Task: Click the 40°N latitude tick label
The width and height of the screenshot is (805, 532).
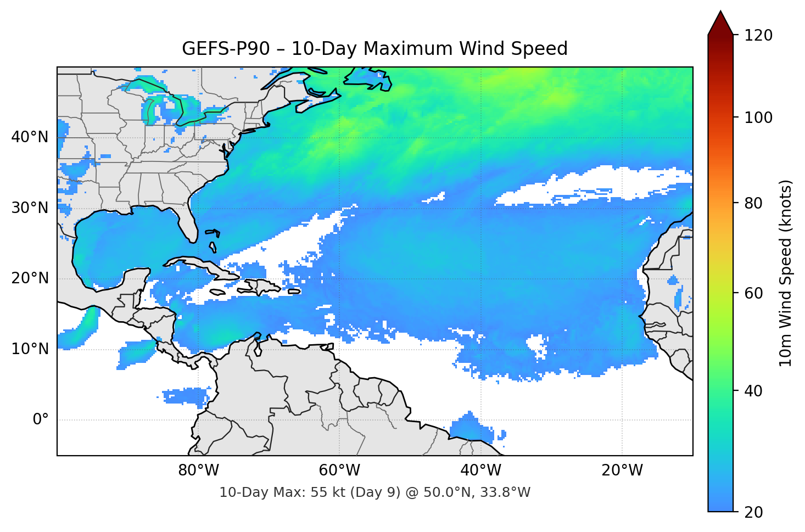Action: click(x=30, y=137)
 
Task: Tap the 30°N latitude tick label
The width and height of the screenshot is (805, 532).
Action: click(x=30, y=208)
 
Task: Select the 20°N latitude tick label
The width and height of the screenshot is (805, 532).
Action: click(x=30, y=278)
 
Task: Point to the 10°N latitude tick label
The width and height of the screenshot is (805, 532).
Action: click(x=30, y=349)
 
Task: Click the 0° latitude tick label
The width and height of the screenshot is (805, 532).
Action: click(x=41, y=420)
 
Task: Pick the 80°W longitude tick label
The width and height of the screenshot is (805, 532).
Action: click(x=198, y=470)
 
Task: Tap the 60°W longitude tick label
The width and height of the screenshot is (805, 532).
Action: click(x=339, y=470)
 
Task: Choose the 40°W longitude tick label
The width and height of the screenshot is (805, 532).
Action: click(x=480, y=470)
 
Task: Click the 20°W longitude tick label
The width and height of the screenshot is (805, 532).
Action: click(x=622, y=470)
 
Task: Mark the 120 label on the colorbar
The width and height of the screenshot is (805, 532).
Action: click(x=758, y=36)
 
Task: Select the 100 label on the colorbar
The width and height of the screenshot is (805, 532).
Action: click(x=758, y=117)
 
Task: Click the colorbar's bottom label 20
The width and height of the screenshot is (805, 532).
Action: click(x=753, y=512)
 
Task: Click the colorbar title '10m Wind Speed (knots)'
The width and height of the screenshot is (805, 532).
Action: click(x=786, y=273)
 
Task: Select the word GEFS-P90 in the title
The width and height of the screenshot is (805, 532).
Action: click(x=226, y=49)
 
